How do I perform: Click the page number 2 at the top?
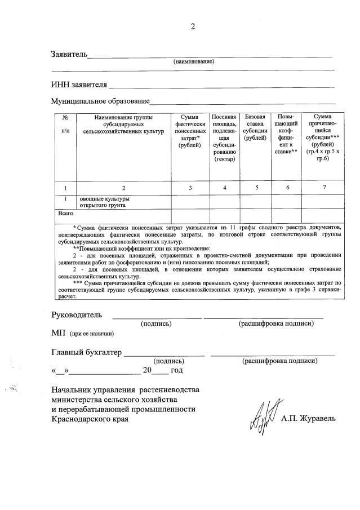coord(193,26)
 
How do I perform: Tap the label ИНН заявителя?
coord(79,85)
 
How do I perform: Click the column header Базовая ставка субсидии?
coord(256,127)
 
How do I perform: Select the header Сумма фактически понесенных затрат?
coord(190,130)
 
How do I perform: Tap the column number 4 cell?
coord(224,188)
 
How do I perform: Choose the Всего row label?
coord(66,214)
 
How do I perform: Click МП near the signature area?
coord(59,333)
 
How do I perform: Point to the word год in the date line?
coord(176,370)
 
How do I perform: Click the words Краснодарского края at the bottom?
coord(90,419)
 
